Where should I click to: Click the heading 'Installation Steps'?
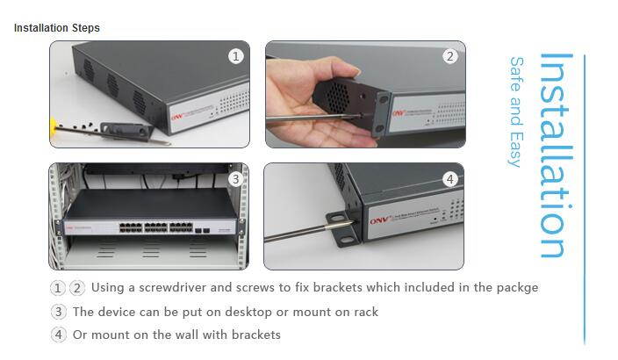(57, 28)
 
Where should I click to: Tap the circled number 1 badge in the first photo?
(235, 56)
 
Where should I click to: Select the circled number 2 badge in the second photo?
(449, 56)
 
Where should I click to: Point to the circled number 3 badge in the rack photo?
(235, 179)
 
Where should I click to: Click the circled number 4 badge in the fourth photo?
(449, 179)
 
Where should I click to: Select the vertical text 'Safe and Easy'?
(517, 112)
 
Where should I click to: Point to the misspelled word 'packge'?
(516, 288)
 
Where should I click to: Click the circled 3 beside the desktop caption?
(59, 312)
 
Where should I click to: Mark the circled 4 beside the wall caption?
(59, 335)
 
